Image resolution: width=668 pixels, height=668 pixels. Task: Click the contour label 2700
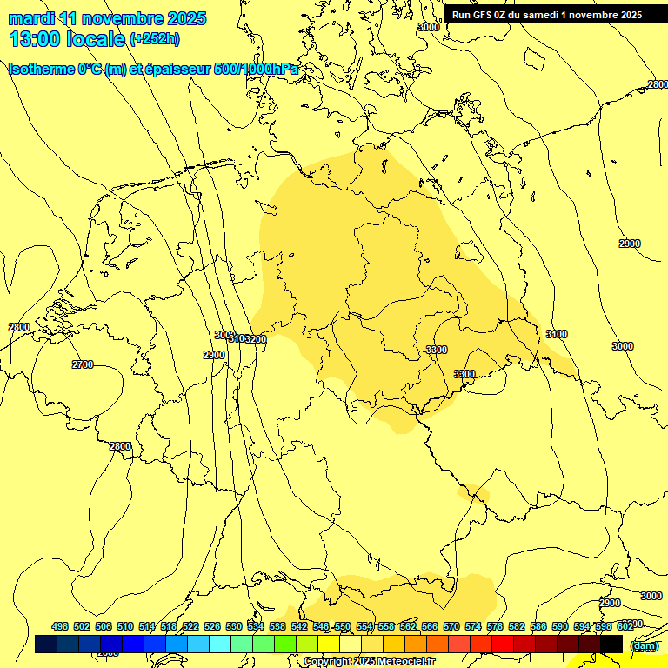pyautogui.click(x=83, y=364)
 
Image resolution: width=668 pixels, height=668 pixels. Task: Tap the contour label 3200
pyautogui.click(x=256, y=338)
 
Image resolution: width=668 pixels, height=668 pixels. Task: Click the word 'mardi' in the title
pyautogui.click(x=31, y=18)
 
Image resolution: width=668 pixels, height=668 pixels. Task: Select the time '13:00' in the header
pyautogui.click(x=34, y=38)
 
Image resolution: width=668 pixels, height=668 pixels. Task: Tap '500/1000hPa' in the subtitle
pyautogui.click(x=260, y=69)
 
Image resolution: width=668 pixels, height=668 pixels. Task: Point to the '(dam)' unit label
pyautogui.click(x=644, y=645)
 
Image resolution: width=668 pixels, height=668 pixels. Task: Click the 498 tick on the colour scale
pyautogui.click(x=60, y=626)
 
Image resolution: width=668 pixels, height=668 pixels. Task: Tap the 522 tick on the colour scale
pyautogui.click(x=190, y=626)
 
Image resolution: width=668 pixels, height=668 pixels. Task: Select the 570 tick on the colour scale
pyautogui.click(x=451, y=626)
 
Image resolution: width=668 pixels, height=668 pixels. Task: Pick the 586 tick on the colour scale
pyautogui.click(x=538, y=626)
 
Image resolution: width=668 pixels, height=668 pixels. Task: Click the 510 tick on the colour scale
pyautogui.click(x=125, y=626)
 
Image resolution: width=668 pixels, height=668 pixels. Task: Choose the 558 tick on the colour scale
pyautogui.click(x=385, y=626)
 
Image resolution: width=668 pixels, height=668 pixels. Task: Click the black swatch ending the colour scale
pyautogui.click(x=611, y=644)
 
